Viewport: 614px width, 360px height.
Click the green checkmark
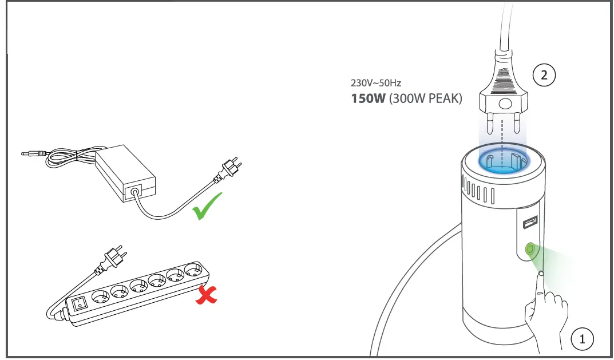point(207,207)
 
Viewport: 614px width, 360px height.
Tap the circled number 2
point(544,75)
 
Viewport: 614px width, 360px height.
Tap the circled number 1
point(583,338)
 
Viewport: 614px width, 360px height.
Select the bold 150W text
point(368,98)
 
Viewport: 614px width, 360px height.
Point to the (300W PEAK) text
point(425,98)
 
